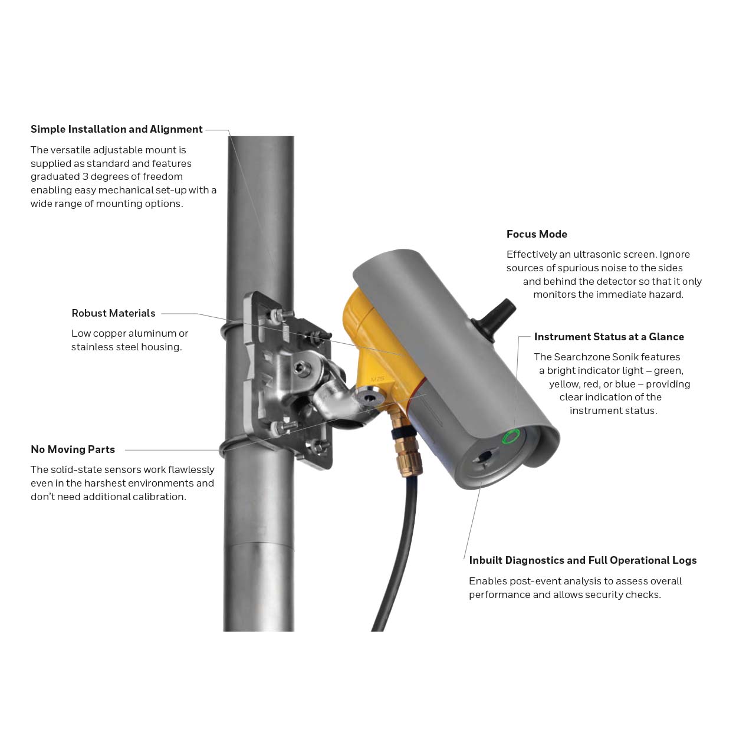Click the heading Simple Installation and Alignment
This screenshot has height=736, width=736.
117,129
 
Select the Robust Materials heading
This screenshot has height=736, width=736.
113,313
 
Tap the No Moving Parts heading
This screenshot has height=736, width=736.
73,449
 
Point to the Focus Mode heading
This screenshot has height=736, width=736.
537,234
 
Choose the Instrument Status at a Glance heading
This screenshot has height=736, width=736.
609,337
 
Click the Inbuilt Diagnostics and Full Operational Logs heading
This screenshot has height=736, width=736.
583,560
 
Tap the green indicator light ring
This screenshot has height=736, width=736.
511,436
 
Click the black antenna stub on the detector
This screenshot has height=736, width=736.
495,319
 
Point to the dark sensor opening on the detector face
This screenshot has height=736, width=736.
485,456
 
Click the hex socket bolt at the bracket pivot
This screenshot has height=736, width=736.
303,369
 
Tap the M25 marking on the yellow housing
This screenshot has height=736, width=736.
377,379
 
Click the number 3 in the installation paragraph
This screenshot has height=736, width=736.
85,176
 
